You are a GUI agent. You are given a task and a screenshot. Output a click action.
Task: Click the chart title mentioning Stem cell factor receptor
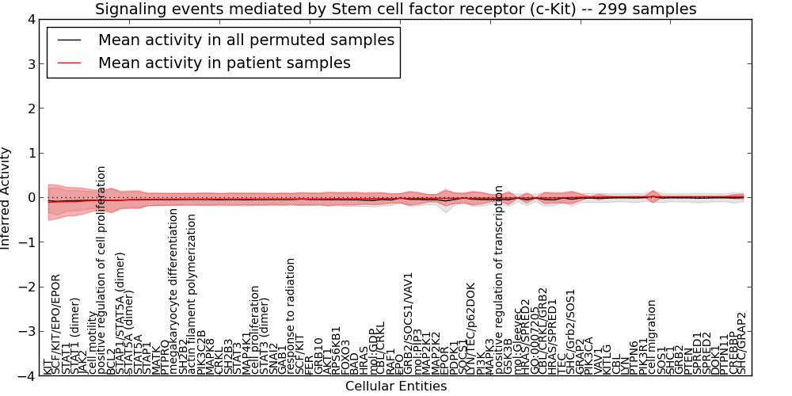395,9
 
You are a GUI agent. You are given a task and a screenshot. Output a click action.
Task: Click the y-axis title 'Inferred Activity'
6,198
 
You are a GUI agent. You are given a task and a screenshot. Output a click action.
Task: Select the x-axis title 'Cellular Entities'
395,386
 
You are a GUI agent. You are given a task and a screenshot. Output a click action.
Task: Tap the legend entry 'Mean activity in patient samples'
224,63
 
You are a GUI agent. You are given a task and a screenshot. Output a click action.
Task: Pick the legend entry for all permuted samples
246,40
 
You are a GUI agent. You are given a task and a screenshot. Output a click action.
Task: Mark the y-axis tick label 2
31,109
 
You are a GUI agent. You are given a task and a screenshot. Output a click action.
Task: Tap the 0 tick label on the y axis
31,198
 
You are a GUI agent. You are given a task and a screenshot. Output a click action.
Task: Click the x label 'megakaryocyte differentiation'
174,291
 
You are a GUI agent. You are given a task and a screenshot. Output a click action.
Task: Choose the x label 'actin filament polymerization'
192,295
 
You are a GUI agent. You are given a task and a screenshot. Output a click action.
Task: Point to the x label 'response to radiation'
291,316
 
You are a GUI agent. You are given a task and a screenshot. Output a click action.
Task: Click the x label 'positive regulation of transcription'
499,280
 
